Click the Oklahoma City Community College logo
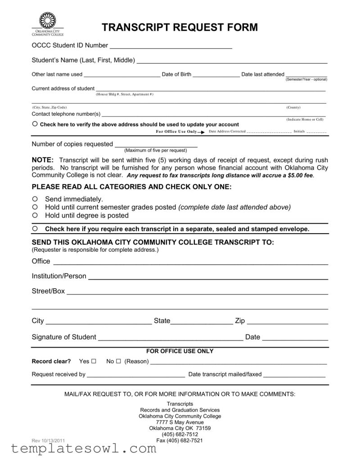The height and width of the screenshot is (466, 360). pos(47,24)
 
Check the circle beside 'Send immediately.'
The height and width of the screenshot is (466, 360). pos(35,199)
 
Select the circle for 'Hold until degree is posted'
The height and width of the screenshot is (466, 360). pos(35,215)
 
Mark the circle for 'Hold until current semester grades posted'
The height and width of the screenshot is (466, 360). pos(35,207)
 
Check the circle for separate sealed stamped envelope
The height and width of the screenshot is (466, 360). pos(35,229)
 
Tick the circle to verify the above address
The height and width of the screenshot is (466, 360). pos(35,124)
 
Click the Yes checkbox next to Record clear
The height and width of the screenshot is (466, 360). pos(94,362)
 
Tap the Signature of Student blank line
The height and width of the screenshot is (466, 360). pos(171,338)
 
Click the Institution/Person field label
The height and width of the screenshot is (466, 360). pos(58,276)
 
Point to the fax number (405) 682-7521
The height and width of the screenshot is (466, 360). pos(179,441)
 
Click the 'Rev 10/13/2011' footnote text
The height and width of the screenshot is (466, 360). pos(48,440)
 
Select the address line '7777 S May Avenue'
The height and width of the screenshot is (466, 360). pos(180,423)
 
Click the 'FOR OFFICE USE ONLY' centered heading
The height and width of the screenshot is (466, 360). pos(180,351)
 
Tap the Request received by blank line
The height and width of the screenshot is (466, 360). pos(135,375)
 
